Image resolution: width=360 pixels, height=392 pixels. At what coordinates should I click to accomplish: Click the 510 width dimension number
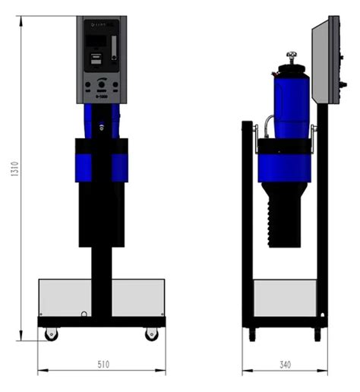103,365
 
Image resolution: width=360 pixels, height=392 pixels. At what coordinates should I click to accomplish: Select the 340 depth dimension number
285,365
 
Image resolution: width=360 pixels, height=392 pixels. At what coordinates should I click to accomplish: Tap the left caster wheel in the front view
51,333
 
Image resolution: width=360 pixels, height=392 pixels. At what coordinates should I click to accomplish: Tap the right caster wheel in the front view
152,333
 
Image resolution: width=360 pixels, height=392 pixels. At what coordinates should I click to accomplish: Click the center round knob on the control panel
101,86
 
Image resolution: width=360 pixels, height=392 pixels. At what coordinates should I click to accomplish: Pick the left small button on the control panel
89,86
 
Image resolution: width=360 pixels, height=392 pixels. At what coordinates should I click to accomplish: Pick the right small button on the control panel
114,86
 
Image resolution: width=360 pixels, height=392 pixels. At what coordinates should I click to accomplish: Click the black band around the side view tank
284,147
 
